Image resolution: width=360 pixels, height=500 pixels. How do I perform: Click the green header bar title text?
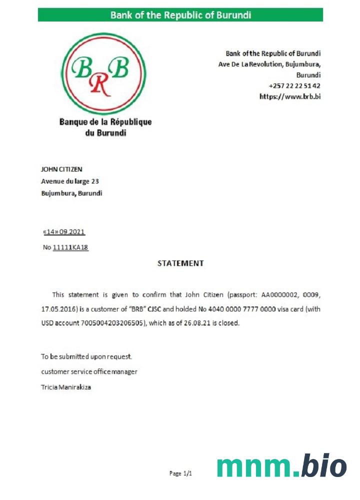[180, 15]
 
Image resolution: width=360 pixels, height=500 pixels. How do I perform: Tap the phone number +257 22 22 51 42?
[294, 86]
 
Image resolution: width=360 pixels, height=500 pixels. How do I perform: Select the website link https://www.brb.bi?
[290, 96]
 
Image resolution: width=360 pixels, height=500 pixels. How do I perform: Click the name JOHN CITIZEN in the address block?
[61, 169]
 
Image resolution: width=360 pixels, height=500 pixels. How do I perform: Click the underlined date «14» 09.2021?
[64, 232]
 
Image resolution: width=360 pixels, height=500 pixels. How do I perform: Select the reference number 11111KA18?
[70, 247]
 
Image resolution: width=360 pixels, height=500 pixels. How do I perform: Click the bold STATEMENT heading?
[180, 263]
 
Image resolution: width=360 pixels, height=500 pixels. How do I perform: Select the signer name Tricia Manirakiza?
[65, 387]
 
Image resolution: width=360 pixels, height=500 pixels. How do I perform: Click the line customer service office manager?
[89, 371]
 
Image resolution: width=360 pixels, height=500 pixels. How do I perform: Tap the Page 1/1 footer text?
[180, 473]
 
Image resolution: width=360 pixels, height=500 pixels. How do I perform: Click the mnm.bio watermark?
[281, 467]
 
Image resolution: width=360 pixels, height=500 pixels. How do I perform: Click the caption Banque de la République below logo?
[105, 122]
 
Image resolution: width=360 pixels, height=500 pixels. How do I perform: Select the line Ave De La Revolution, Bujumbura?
[269, 64]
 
